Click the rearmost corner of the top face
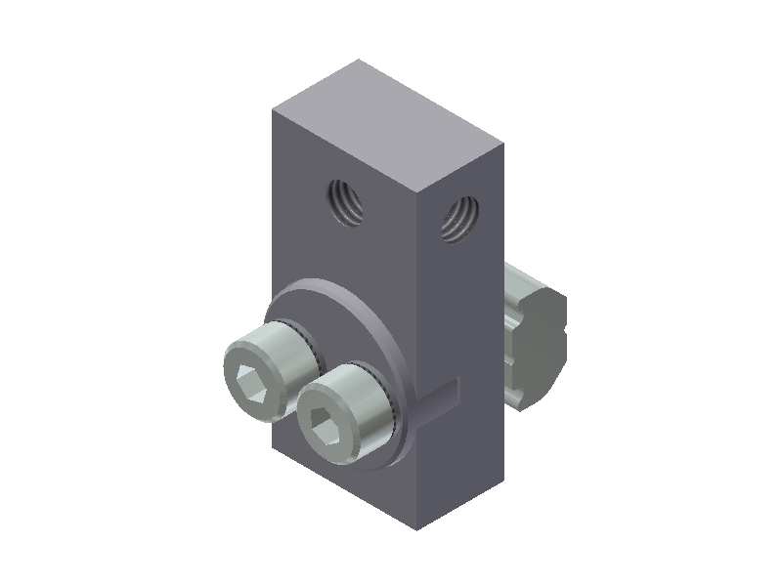click(x=359, y=60)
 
